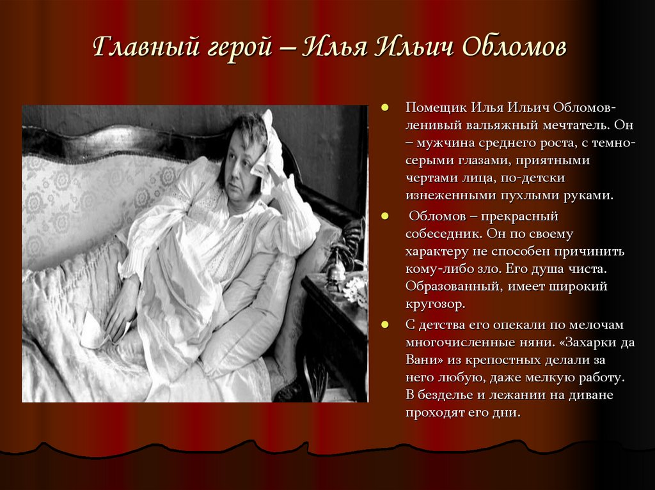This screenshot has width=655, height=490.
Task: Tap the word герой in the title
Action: coord(237,50)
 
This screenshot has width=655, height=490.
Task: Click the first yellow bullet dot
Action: coord(385,107)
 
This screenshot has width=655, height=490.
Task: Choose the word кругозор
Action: coord(438,305)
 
